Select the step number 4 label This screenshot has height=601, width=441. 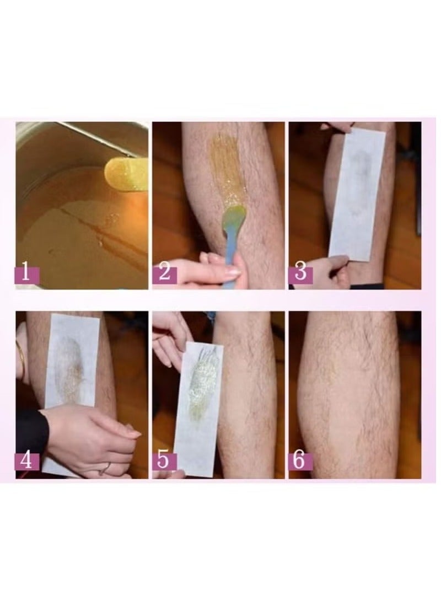click(x=26, y=460)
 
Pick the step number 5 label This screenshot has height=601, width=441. click(x=164, y=460)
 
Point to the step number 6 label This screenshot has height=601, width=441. click(x=300, y=460)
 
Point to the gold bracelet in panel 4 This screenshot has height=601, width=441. click(x=21, y=358)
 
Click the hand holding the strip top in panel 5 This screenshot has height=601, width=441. click(x=171, y=339)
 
